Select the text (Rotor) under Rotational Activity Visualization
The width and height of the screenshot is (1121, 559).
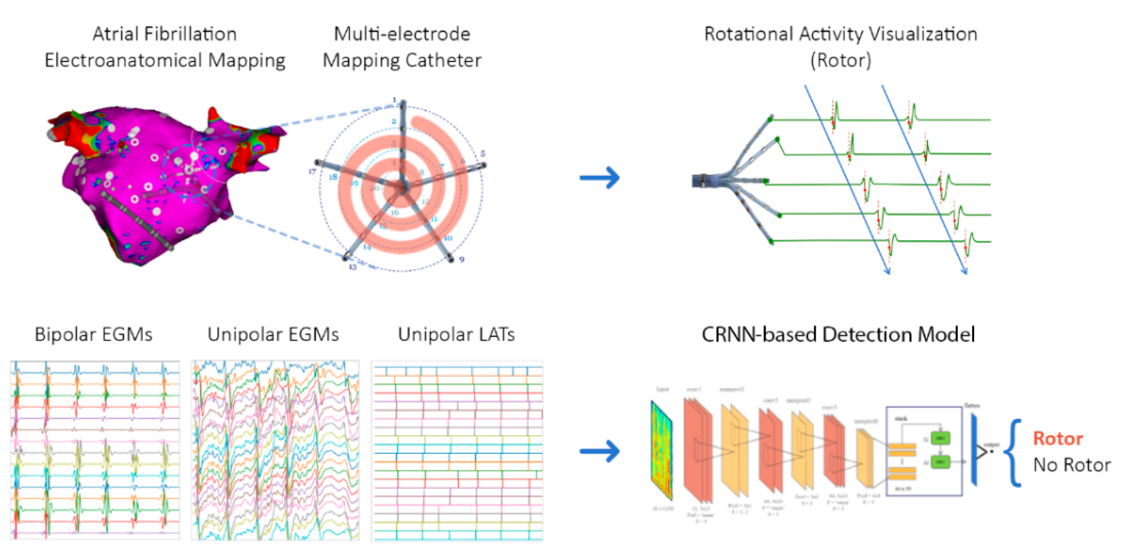pyautogui.click(x=841, y=60)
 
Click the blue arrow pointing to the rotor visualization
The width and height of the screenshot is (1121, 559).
pyautogui.click(x=600, y=178)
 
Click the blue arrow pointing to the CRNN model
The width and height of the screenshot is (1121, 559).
pyautogui.click(x=600, y=451)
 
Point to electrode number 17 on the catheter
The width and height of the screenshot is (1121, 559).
pyautogui.click(x=312, y=171)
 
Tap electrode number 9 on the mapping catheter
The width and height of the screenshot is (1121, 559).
pyautogui.click(x=462, y=259)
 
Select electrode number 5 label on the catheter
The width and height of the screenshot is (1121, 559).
pyautogui.click(x=483, y=154)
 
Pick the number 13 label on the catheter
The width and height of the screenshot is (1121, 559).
pyautogui.click(x=352, y=267)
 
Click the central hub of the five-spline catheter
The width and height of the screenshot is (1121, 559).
pyautogui.click(x=402, y=187)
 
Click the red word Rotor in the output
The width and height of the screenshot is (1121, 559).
pyautogui.click(x=1058, y=439)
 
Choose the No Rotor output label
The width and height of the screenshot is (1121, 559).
pyautogui.click(x=1072, y=465)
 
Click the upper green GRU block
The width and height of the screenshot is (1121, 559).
pyautogui.click(x=940, y=438)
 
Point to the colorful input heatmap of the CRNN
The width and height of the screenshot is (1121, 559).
pyautogui.click(x=661, y=451)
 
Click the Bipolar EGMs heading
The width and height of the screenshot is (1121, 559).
pyautogui.click(x=94, y=334)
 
